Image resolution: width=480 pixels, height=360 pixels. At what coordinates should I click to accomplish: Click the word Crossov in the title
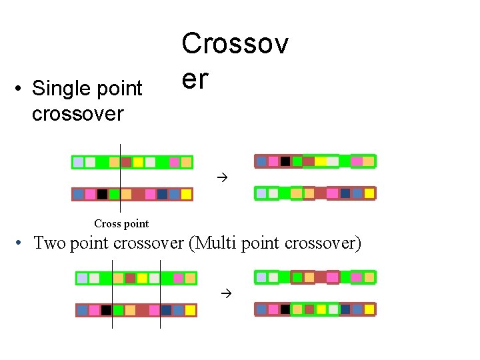[235, 45]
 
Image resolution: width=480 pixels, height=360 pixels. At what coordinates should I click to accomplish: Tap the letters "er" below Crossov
[195, 79]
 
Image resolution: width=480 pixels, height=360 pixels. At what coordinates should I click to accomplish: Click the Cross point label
[121, 224]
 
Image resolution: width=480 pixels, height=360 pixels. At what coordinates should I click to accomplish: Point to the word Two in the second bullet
[49, 243]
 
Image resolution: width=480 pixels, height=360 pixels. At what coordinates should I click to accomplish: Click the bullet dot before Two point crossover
[22, 243]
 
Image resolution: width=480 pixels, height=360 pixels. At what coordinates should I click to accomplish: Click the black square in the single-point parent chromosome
[102, 194]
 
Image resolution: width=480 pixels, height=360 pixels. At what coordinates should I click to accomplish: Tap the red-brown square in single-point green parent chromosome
[126, 162]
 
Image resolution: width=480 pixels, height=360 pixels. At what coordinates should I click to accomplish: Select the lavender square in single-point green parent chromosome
[79, 162]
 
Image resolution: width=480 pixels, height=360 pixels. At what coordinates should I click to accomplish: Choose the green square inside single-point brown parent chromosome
[114, 194]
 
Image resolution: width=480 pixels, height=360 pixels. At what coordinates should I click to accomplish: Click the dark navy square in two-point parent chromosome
[166, 310]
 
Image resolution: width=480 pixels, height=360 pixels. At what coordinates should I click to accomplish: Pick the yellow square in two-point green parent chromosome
[142, 278]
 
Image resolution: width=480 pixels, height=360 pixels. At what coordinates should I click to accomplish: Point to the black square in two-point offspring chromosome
[285, 309]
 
